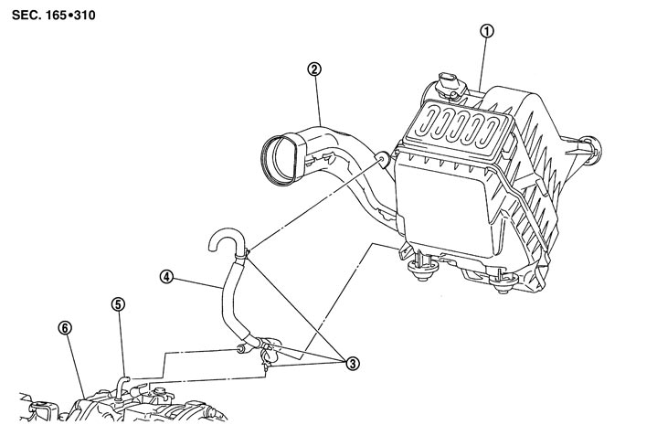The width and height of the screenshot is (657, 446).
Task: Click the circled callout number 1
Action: pyautogui.click(x=487, y=31)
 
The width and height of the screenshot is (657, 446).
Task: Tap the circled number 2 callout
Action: pyautogui.click(x=314, y=69)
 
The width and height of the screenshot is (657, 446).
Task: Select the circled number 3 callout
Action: pyautogui.click(x=353, y=364)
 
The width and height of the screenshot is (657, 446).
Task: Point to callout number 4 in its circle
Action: pyautogui.click(x=167, y=277)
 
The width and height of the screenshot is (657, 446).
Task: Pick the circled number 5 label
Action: pyautogui.click(x=118, y=304)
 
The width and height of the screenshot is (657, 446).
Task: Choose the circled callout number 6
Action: pyautogui.click(x=65, y=328)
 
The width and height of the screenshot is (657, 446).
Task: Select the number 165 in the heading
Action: pyautogui.click(x=56, y=16)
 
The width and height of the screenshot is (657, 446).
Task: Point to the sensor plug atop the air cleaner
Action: pyautogui.click(x=450, y=86)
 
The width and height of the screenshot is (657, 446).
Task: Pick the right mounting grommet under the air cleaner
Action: pyautogui.click(x=503, y=283)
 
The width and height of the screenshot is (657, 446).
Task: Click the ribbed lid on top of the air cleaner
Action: pyautogui.click(x=458, y=126)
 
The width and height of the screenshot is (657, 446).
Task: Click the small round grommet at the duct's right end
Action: pyautogui.click(x=384, y=160)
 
